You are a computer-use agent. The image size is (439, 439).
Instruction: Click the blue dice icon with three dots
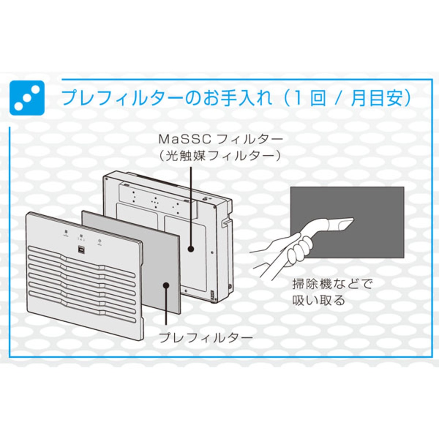click(x=27, y=98)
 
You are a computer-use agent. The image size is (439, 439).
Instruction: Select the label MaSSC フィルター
click(x=221, y=140)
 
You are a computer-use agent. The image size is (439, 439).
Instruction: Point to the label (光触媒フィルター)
click(x=220, y=156)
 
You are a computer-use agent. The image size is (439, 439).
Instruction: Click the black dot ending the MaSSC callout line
click(x=191, y=249)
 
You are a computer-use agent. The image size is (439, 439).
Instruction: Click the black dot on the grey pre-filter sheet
click(x=166, y=285)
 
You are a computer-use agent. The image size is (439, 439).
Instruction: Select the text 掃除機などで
click(x=332, y=284)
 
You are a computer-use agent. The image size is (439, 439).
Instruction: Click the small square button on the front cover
click(x=82, y=250)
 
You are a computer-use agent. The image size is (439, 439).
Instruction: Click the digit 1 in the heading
click(x=297, y=98)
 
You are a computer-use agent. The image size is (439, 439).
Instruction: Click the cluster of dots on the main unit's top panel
click(x=155, y=202)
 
